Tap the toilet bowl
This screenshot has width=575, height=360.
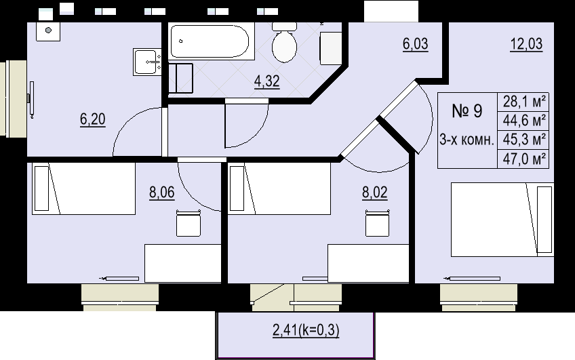tap(284, 45)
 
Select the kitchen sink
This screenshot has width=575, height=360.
tap(148, 62)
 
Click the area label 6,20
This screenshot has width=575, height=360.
tap(93, 119)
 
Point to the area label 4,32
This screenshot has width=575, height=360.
tap(266, 82)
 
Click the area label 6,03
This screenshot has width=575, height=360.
tap(416, 44)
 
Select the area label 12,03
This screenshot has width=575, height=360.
tap(526, 45)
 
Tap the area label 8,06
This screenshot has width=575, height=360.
tap(161, 192)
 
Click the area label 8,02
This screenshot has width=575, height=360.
tap(374, 192)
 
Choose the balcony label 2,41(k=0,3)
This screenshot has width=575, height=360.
tap(305, 331)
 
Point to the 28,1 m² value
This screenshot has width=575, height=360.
tap(525, 102)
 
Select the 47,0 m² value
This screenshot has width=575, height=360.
tap(525, 159)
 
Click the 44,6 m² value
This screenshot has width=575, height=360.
tap(525, 121)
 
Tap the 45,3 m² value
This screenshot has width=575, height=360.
tap(525, 140)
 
